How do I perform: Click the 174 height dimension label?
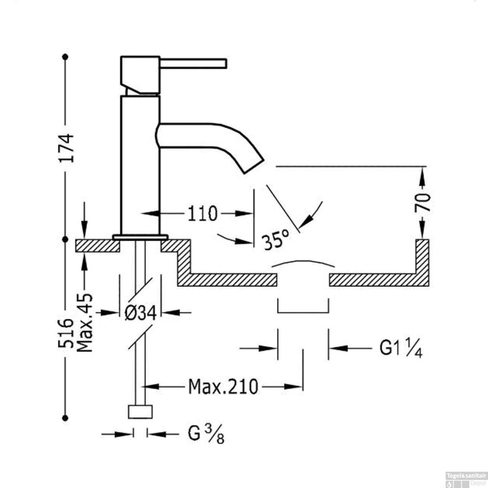pos(66,148)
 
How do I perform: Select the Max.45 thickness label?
pos(85,323)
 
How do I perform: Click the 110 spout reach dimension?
pos(202,214)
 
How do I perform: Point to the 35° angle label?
pos(276,240)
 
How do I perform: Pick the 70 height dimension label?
pos(423,202)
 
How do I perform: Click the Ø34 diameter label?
pos(141,313)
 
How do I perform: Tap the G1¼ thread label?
pos(401,348)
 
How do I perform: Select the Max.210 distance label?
pos(223,387)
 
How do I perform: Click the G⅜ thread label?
pos(206,434)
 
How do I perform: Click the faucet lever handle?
pos(193,63)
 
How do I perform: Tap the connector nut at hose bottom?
pos(140,412)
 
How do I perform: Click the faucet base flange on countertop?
pos(140,237)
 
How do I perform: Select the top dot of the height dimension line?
pos(65,57)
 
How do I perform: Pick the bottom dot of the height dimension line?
pos(65,418)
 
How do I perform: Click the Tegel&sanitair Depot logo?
pos(466,479)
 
